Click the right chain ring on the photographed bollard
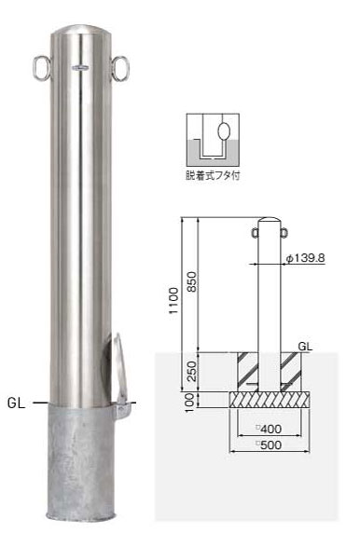(128, 69)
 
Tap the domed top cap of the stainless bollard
(82, 29)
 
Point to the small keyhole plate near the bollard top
(80, 68)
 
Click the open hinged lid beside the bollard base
(119, 367)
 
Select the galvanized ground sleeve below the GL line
(82, 462)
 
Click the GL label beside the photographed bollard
(17, 403)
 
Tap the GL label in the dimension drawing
(305, 346)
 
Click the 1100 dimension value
(173, 300)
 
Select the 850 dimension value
(191, 281)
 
